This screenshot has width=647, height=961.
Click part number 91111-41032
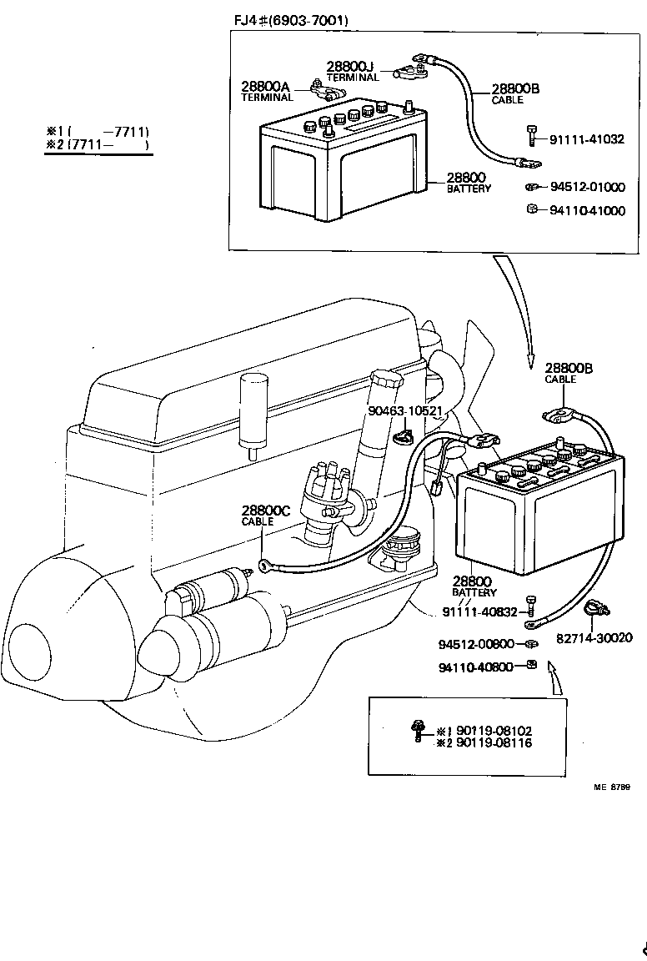(587, 139)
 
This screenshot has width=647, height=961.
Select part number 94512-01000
(587, 187)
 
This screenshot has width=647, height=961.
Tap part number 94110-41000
(587, 211)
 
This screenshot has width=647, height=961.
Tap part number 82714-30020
(594, 638)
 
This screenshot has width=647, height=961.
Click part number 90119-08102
(491, 730)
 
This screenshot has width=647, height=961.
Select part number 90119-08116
(491, 742)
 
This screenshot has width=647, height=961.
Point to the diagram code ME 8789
(611, 787)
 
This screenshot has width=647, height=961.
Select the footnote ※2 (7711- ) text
(98, 144)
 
